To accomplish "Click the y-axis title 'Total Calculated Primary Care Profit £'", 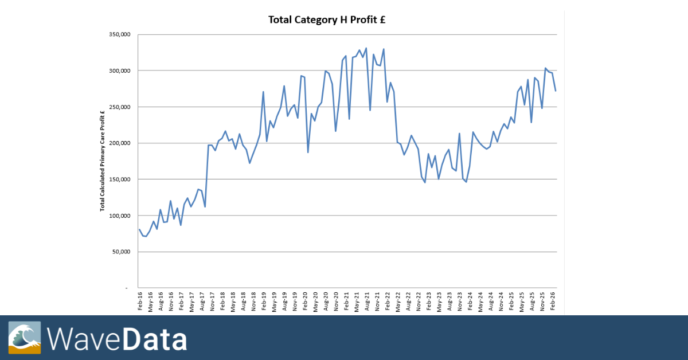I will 102,161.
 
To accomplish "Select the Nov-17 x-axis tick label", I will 213,301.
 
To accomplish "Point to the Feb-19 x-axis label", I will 264,301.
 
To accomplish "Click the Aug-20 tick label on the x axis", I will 326,301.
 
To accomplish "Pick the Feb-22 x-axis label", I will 388,301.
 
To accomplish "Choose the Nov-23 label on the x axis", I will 460,301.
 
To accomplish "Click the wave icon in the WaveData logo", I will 25,336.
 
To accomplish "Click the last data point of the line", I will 556,91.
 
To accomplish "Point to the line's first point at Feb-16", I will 139,229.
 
